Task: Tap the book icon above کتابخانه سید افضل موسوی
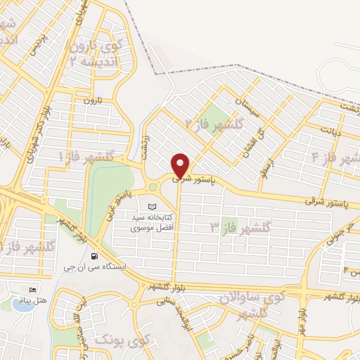[x=153, y=207]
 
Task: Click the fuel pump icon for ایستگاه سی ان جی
[x=96, y=256]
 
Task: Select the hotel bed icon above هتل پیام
[x=32, y=290]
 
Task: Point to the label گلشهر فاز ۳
[x=240, y=227]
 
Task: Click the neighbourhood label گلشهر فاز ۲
[x=214, y=124]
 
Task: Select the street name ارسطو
[x=271, y=167]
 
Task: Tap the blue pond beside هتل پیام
[x=16, y=304]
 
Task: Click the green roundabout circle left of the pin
[x=152, y=187]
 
